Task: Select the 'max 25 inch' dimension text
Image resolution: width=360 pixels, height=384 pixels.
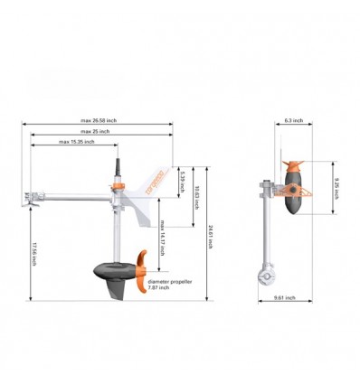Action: pyautogui.click(x=94, y=131)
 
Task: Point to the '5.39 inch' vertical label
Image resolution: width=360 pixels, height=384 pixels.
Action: pyautogui.click(x=182, y=179)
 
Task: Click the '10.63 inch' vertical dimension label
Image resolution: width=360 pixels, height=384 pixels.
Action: pyautogui.click(x=197, y=196)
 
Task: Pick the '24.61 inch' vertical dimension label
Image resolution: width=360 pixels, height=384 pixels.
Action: pyautogui.click(x=210, y=237)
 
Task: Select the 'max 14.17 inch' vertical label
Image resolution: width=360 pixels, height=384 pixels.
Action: pyautogui.click(x=162, y=237)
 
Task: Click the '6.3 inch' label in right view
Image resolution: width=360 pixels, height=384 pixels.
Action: pyautogui.click(x=293, y=120)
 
